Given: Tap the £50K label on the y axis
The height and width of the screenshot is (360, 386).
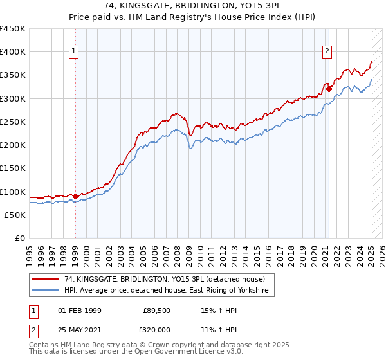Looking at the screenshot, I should [x=15, y=215].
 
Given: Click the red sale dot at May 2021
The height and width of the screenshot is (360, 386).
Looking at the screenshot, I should [x=329, y=89].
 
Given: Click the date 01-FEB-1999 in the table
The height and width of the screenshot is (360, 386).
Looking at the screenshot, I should [x=80, y=310].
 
